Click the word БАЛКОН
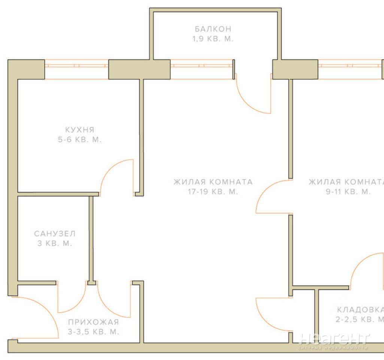click(x=213, y=29)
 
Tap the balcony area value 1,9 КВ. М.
click(x=213, y=39)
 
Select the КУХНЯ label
click(x=80, y=130)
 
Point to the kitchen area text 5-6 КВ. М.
click(x=80, y=139)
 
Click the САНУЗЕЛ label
click(x=55, y=234)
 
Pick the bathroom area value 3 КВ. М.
click(x=55, y=243)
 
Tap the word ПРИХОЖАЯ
click(x=94, y=322)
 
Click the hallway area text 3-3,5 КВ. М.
click(x=94, y=332)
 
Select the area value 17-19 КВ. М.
click(x=213, y=191)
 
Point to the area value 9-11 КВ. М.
click(x=348, y=191)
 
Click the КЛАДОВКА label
click(x=360, y=310)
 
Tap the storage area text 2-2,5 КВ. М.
click(x=360, y=319)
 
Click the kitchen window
click(x=76, y=69)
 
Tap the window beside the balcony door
click(x=201, y=69)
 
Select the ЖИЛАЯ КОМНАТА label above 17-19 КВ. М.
click(x=213, y=182)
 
